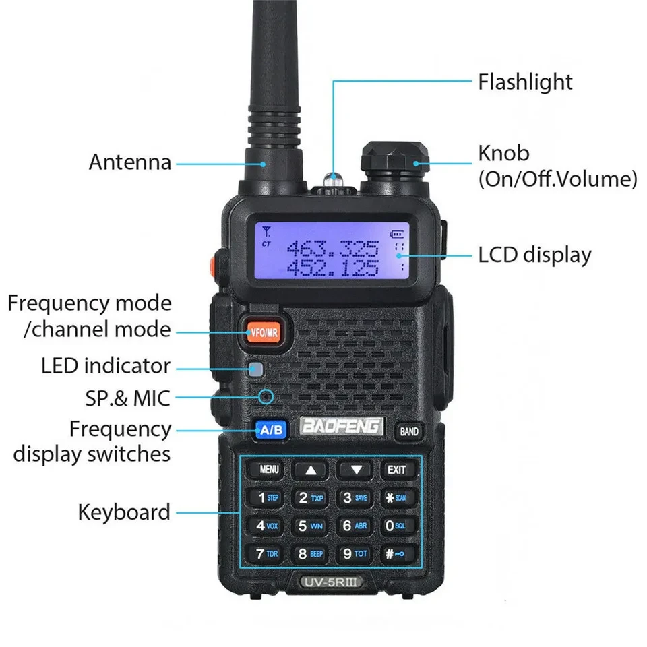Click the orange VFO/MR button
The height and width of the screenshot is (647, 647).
[264, 331]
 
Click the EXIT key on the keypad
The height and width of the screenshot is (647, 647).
[396, 469]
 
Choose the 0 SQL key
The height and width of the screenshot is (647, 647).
[396, 526]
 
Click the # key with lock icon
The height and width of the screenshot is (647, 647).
[396, 554]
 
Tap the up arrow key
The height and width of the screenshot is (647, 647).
[310, 470]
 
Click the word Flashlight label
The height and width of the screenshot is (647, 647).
[525, 82]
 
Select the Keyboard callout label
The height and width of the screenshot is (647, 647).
[124, 512]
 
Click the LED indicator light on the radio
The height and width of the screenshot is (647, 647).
[255, 369]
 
